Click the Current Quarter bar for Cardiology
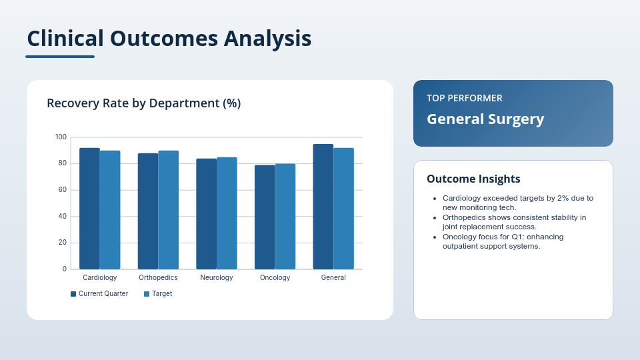[x=89, y=209]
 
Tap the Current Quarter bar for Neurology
[x=206, y=214]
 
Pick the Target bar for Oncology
[x=285, y=217]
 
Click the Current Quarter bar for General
[x=323, y=207]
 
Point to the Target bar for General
[x=344, y=209]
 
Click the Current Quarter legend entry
[x=99, y=294]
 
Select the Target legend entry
[x=158, y=294]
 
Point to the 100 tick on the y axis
[x=61, y=137]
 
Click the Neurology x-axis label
[x=216, y=278]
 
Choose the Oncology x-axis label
[x=275, y=278]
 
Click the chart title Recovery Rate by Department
[x=143, y=103]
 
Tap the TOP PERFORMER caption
[x=465, y=98]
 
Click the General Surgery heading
[x=485, y=119]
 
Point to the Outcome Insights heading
[x=473, y=179]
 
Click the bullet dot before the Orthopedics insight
[x=435, y=218]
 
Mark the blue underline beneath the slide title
[x=60, y=57]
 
